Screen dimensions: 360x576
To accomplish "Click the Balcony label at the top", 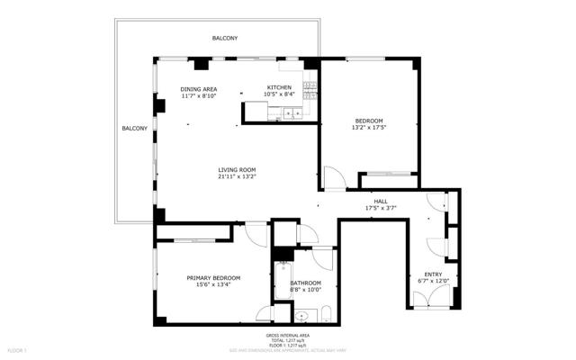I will point(225,38).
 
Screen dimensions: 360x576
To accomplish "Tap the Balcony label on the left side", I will point(134,129).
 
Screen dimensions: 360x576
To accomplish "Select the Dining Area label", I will point(198,89).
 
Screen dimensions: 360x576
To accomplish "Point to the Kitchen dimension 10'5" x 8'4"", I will point(279,94).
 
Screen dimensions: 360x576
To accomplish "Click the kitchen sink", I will point(291,113).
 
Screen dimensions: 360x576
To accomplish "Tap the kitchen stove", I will point(309,89).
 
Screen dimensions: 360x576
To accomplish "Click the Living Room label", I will point(238,170).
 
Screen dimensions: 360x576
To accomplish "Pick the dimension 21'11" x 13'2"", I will point(238,177).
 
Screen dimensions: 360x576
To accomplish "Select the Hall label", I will point(381,201).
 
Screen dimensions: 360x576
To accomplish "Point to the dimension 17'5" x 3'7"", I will point(381,208).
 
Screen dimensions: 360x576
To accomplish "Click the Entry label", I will point(433,274).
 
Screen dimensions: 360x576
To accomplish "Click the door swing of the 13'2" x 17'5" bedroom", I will point(331,177).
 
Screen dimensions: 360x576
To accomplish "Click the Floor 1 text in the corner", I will point(18,349).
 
